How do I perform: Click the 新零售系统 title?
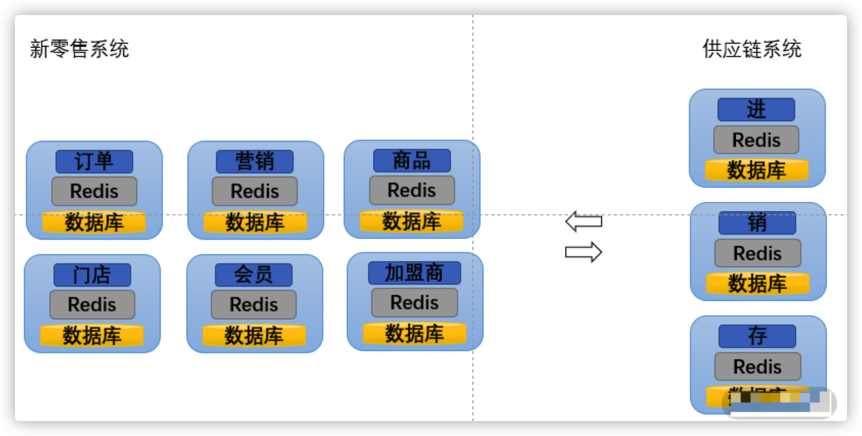pos(79,49)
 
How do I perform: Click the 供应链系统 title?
pos(752,49)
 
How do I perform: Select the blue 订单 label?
pos(94,161)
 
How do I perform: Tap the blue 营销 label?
pos(255,161)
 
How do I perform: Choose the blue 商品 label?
pos(412,161)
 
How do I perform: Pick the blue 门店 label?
pos(92,275)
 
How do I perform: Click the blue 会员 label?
pos(254,275)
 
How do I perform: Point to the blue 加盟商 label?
pos(414,273)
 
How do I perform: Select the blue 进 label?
pos(756,109)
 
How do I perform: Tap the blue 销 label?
pos(757,223)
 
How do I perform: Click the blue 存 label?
pos(757,336)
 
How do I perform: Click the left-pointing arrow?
pos(584,221)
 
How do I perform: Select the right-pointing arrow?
pos(584,252)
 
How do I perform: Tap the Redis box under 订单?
pos(94,191)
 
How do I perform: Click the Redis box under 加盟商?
pos(414,302)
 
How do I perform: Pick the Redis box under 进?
pos(756,140)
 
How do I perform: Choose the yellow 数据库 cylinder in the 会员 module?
pos(254,335)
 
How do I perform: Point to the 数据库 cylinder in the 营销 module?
pos(255,222)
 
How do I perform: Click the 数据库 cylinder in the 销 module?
pos(758,283)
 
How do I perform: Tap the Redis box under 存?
pos(758,367)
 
